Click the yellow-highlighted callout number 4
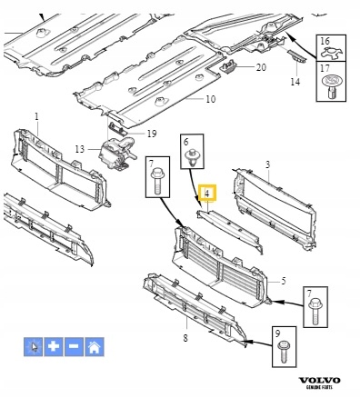pos(207,194)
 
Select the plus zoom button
pos(54,346)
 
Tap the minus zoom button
pos(74,346)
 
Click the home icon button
pos(95,346)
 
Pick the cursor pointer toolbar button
pos(33,346)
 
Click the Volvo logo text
pos(320,381)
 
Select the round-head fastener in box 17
pos(331,86)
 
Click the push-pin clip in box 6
pos(192,157)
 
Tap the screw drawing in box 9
pos(283,352)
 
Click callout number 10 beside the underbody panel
pos(210,99)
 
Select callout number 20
pos(261,67)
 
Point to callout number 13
pos(80,149)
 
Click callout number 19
pos(152,134)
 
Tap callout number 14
pos(295,82)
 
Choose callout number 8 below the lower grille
pos(185,337)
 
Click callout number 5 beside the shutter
pos(284,281)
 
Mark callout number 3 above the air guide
pos(267,164)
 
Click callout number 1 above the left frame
pos(36,116)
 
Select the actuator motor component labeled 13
pos(116,153)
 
